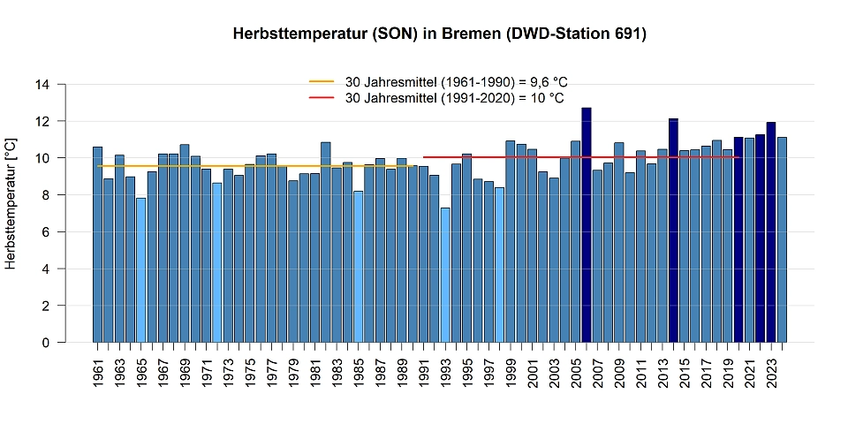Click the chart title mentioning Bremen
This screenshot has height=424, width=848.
440,34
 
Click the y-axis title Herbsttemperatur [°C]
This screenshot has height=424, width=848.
11,203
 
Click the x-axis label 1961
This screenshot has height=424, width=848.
98,375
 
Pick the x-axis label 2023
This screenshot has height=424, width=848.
771,375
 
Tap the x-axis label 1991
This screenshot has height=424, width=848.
424,375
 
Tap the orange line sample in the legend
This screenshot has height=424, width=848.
322,81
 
